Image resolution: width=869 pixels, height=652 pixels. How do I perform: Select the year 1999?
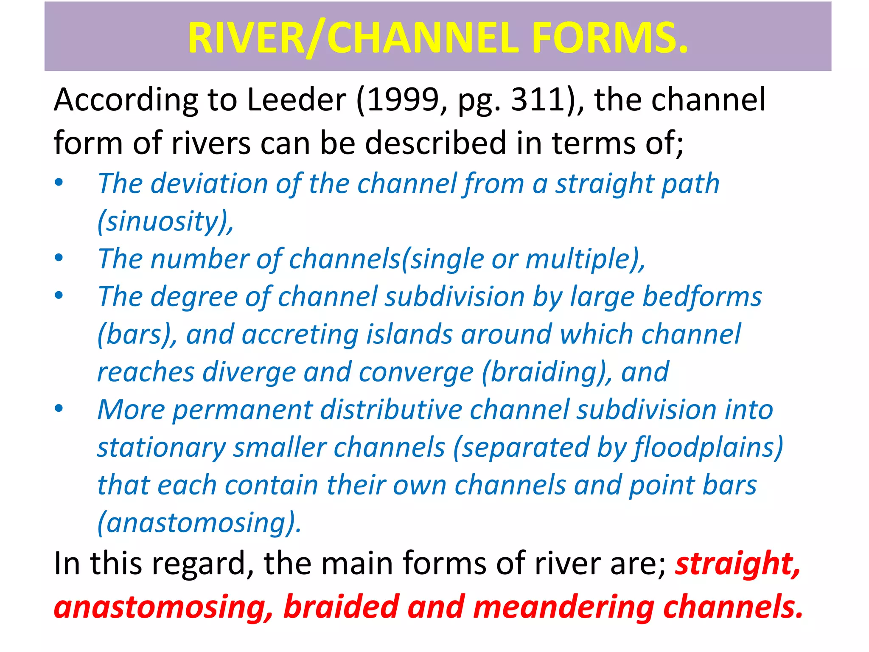pyautogui.click(x=405, y=100)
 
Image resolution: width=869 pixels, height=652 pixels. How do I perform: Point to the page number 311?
pyautogui.click(x=539, y=100)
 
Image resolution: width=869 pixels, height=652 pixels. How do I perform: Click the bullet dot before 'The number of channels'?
pyautogui.click(x=59, y=258)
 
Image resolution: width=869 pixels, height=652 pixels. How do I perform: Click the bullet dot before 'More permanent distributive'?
pyautogui.click(x=59, y=408)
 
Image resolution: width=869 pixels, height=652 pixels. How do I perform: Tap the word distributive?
pyautogui.click(x=391, y=410)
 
